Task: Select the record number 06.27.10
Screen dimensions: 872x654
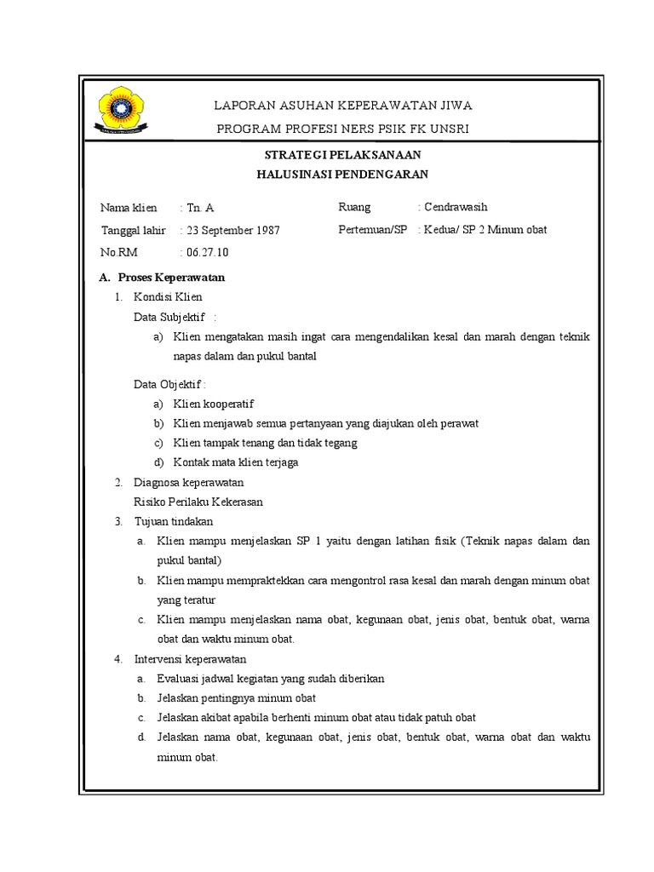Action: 207,252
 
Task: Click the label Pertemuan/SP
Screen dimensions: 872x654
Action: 373,230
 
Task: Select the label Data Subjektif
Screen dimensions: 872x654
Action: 170,318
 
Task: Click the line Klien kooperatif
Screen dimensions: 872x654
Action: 213,404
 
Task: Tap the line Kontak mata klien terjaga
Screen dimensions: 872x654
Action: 236,462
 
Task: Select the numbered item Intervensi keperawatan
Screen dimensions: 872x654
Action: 190,659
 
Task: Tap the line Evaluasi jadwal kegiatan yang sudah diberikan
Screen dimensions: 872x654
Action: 271,679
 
